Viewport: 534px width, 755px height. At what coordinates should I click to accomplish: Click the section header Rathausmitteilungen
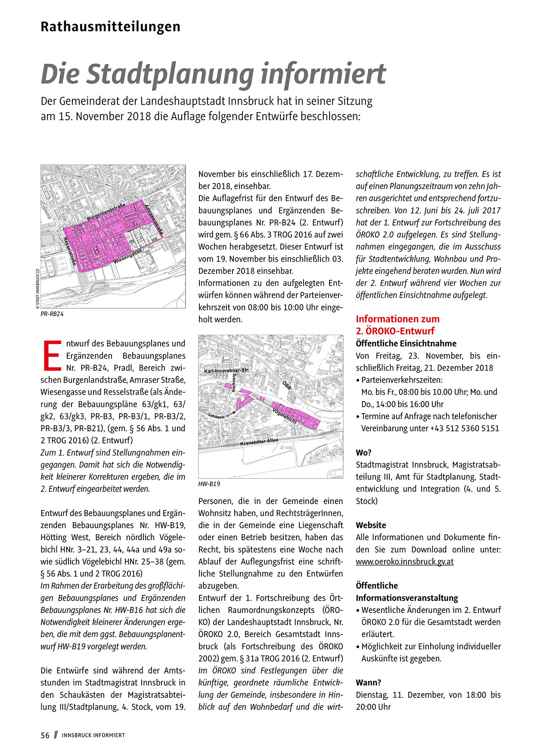pos(110,27)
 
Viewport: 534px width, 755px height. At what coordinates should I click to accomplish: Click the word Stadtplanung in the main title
pos(170,74)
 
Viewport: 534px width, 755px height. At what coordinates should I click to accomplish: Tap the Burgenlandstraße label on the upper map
pos(106,212)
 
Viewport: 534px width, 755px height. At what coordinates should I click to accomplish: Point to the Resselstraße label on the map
pos(70,253)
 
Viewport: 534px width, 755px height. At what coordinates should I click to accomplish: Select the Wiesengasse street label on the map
pos(128,257)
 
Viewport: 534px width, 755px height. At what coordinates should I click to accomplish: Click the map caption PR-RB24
pos(52,314)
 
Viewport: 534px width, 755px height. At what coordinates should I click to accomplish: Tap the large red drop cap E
pos(52,356)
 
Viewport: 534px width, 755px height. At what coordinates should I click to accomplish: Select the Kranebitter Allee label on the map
pos(259,442)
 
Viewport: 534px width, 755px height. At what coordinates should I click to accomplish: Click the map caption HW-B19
pos(209,484)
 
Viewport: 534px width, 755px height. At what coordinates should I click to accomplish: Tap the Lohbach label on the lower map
pos(217,416)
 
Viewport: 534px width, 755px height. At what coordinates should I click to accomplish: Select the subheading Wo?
pos(363,453)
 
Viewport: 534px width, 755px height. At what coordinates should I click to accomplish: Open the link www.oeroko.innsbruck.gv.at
pos(404,562)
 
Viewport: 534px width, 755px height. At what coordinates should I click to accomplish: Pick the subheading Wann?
pos(368,683)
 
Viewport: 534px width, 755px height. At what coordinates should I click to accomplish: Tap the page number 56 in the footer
pos(45,735)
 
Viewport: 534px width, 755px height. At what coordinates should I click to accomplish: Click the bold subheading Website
pos(371,525)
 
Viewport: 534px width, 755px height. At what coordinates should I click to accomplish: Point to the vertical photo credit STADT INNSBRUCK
pos(37,288)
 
